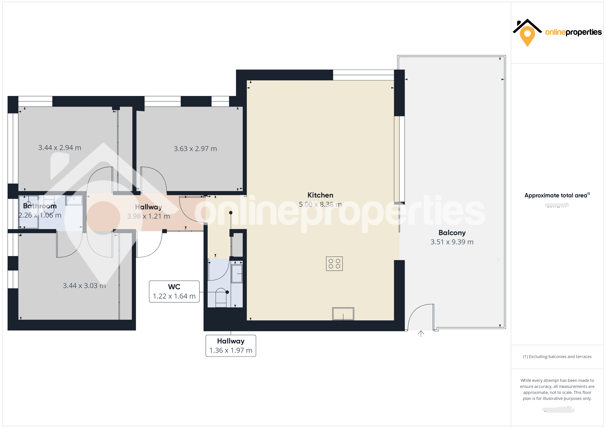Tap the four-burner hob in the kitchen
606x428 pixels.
pyautogui.click(x=334, y=264)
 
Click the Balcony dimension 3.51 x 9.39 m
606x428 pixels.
pyautogui.click(x=452, y=242)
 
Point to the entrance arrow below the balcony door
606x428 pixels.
pyautogui.click(x=421, y=334)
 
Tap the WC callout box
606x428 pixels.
pyautogui.click(x=174, y=292)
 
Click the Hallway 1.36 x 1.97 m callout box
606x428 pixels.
pyautogui.click(x=231, y=346)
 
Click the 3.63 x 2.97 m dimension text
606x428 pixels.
pyautogui.click(x=195, y=149)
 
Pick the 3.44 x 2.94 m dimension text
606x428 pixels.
pyautogui.click(x=60, y=148)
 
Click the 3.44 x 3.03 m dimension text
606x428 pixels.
pyautogui.click(x=84, y=286)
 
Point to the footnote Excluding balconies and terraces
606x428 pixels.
pyautogui.click(x=557, y=356)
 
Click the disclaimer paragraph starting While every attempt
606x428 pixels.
pyautogui.click(x=557, y=389)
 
